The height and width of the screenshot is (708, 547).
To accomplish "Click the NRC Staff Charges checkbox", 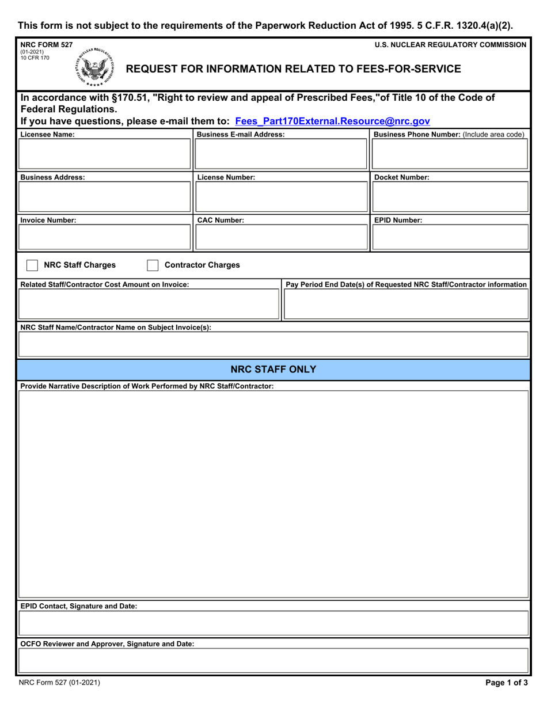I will tap(32, 265).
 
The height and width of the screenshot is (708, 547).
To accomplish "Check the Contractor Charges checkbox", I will tap(153, 265).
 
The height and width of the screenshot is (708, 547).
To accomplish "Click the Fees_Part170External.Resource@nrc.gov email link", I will tap(332, 121).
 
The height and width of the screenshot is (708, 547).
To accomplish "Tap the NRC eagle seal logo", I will tap(94, 68).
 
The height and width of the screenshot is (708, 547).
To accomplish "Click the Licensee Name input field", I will tap(105, 154).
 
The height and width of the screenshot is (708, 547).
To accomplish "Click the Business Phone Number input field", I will tap(450, 154).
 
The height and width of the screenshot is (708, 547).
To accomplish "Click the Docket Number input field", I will tap(450, 197).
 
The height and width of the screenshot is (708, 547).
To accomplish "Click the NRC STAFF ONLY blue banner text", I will tap(273, 370).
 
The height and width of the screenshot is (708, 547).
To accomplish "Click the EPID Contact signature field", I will tap(273, 623).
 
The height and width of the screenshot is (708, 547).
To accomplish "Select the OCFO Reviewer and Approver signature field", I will tap(273, 660).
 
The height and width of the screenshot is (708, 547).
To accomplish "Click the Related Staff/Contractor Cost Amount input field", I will tap(149, 304).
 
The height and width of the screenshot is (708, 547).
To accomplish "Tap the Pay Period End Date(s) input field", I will tap(406, 304).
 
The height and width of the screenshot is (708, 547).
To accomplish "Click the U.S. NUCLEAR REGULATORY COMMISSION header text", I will tap(450, 44).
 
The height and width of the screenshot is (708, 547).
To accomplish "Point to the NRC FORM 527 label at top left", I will tap(47, 44).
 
